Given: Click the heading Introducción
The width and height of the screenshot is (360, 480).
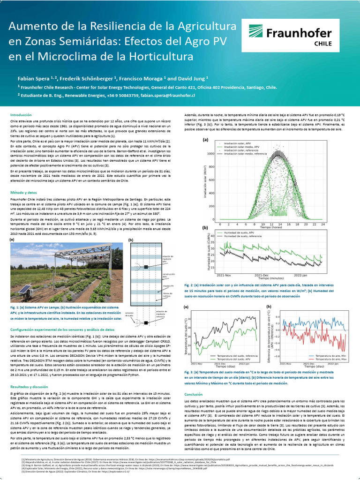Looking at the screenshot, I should click(x=22, y=114).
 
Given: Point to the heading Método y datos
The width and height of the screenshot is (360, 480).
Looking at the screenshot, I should click(x=23, y=192).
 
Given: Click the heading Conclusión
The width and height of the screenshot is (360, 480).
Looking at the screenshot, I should click(x=194, y=394).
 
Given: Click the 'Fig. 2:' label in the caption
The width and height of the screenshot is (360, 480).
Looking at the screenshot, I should click(x=190, y=285).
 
